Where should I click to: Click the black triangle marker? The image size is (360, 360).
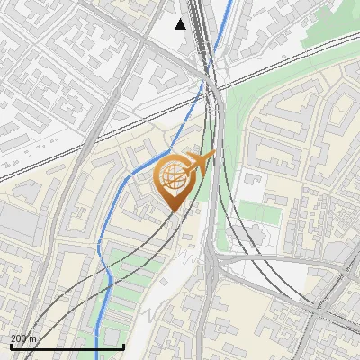pyautogui.click(x=181, y=24)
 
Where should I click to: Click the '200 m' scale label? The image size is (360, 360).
pyautogui.click(x=23, y=338)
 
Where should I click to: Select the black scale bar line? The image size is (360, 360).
pyautogui.click(x=67, y=346)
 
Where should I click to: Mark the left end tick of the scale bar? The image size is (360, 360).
pyautogui.click(x=11, y=345)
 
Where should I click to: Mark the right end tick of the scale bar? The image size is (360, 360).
pyautogui.click(x=123, y=345)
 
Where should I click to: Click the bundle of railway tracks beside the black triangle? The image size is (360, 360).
pyautogui.click(x=206, y=36)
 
